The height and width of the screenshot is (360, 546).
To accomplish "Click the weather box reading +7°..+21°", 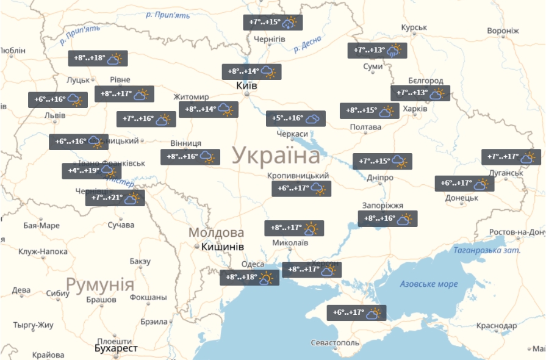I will [x=115, y=198].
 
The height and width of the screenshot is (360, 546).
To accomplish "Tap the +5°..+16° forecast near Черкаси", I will [x=296, y=118].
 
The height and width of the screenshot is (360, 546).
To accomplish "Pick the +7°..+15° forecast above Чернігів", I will [x=273, y=23].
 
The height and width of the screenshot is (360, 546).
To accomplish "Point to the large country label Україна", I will [x=276, y=156].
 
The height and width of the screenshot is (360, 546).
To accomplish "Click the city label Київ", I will [x=246, y=86].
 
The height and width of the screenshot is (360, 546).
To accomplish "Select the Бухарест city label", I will [x=116, y=348].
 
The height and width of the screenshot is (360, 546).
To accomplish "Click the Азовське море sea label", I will [x=429, y=284].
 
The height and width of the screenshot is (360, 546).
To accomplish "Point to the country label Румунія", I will [x=99, y=284].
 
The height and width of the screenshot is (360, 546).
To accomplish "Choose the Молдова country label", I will [x=216, y=232].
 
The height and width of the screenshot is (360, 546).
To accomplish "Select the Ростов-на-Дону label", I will [x=517, y=232].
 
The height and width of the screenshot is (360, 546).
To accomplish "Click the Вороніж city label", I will [x=503, y=31].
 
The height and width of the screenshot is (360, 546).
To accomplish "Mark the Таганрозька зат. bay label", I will [x=487, y=250].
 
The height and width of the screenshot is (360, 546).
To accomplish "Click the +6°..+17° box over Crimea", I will [x=356, y=313].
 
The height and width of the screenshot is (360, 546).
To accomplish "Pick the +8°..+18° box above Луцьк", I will [x=97, y=59].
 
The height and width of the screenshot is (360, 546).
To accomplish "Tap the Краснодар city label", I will [x=498, y=326].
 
